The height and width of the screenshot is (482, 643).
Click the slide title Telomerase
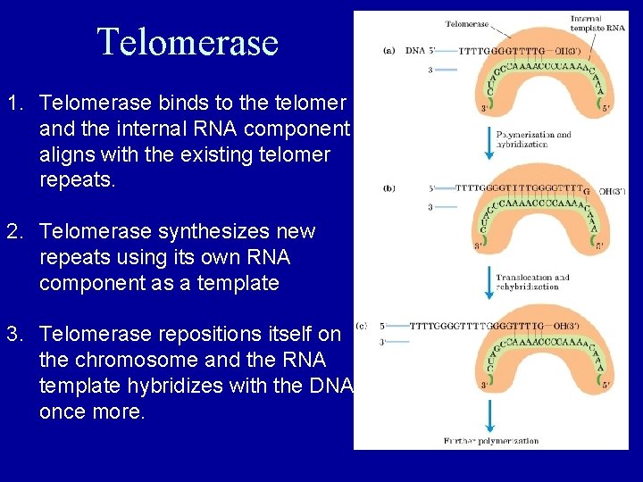(x=188, y=42)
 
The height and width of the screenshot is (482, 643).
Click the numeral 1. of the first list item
(x=15, y=104)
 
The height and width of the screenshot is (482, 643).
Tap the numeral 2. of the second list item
(x=15, y=232)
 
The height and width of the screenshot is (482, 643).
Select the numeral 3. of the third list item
(x=15, y=335)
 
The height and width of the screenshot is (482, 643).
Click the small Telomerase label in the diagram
(x=468, y=24)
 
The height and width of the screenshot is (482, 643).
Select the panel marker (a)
(x=388, y=51)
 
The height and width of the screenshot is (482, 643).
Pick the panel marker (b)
(x=388, y=188)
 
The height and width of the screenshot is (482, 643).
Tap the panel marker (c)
(x=361, y=326)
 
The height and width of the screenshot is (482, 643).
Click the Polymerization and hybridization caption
(x=533, y=140)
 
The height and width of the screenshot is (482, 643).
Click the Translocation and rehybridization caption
(x=533, y=282)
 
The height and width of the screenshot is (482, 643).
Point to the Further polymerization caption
(x=490, y=441)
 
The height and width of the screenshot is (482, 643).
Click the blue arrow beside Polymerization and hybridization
(x=489, y=141)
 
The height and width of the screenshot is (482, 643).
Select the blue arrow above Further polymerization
(x=489, y=415)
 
